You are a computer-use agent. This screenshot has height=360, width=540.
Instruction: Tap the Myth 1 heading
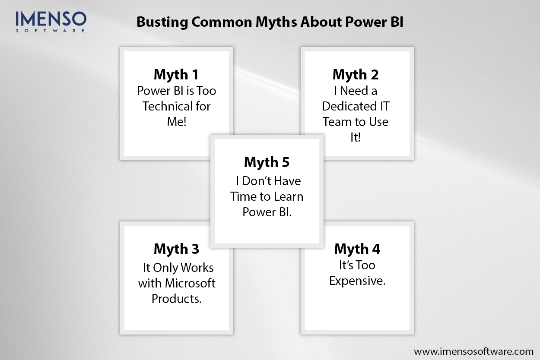pyautogui.click(x=176, y=75)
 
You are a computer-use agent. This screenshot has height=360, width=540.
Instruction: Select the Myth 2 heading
pyautogui.click(x=356, y=75)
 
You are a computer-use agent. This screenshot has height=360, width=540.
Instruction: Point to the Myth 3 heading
pyautogui.click(x=177, y=249)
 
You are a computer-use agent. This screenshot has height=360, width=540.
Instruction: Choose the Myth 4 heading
pyautogui.click(x=357, y=249)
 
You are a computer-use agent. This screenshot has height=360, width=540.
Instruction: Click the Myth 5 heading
pyautogui.click(x=267, y=162)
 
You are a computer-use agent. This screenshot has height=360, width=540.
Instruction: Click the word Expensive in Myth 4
pyautogui.click(x=356, y=281)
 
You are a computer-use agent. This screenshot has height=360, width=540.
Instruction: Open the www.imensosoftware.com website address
pyautogui.click(x=473, y=351)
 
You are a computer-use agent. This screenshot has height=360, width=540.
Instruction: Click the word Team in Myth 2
pyautogui.click(x=335, y=122)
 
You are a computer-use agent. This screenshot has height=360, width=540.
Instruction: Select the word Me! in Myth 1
pyautogui.click(x=177, y=122)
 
